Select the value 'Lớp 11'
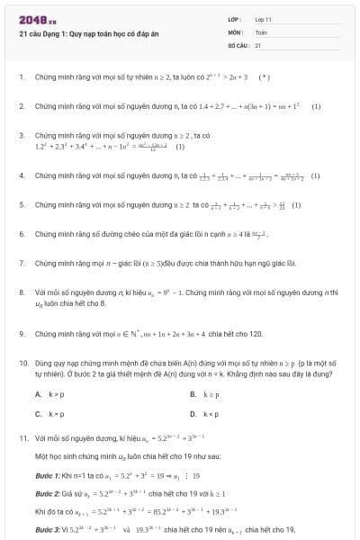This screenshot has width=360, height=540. [263, 19]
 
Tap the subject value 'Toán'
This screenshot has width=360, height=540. [261, 31]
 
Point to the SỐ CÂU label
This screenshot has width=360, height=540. [237, 44]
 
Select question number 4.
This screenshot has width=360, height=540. [21, 176]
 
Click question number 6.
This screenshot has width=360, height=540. [21, 234]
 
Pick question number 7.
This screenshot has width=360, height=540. [21, 264]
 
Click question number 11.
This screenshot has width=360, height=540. [22, 438]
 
